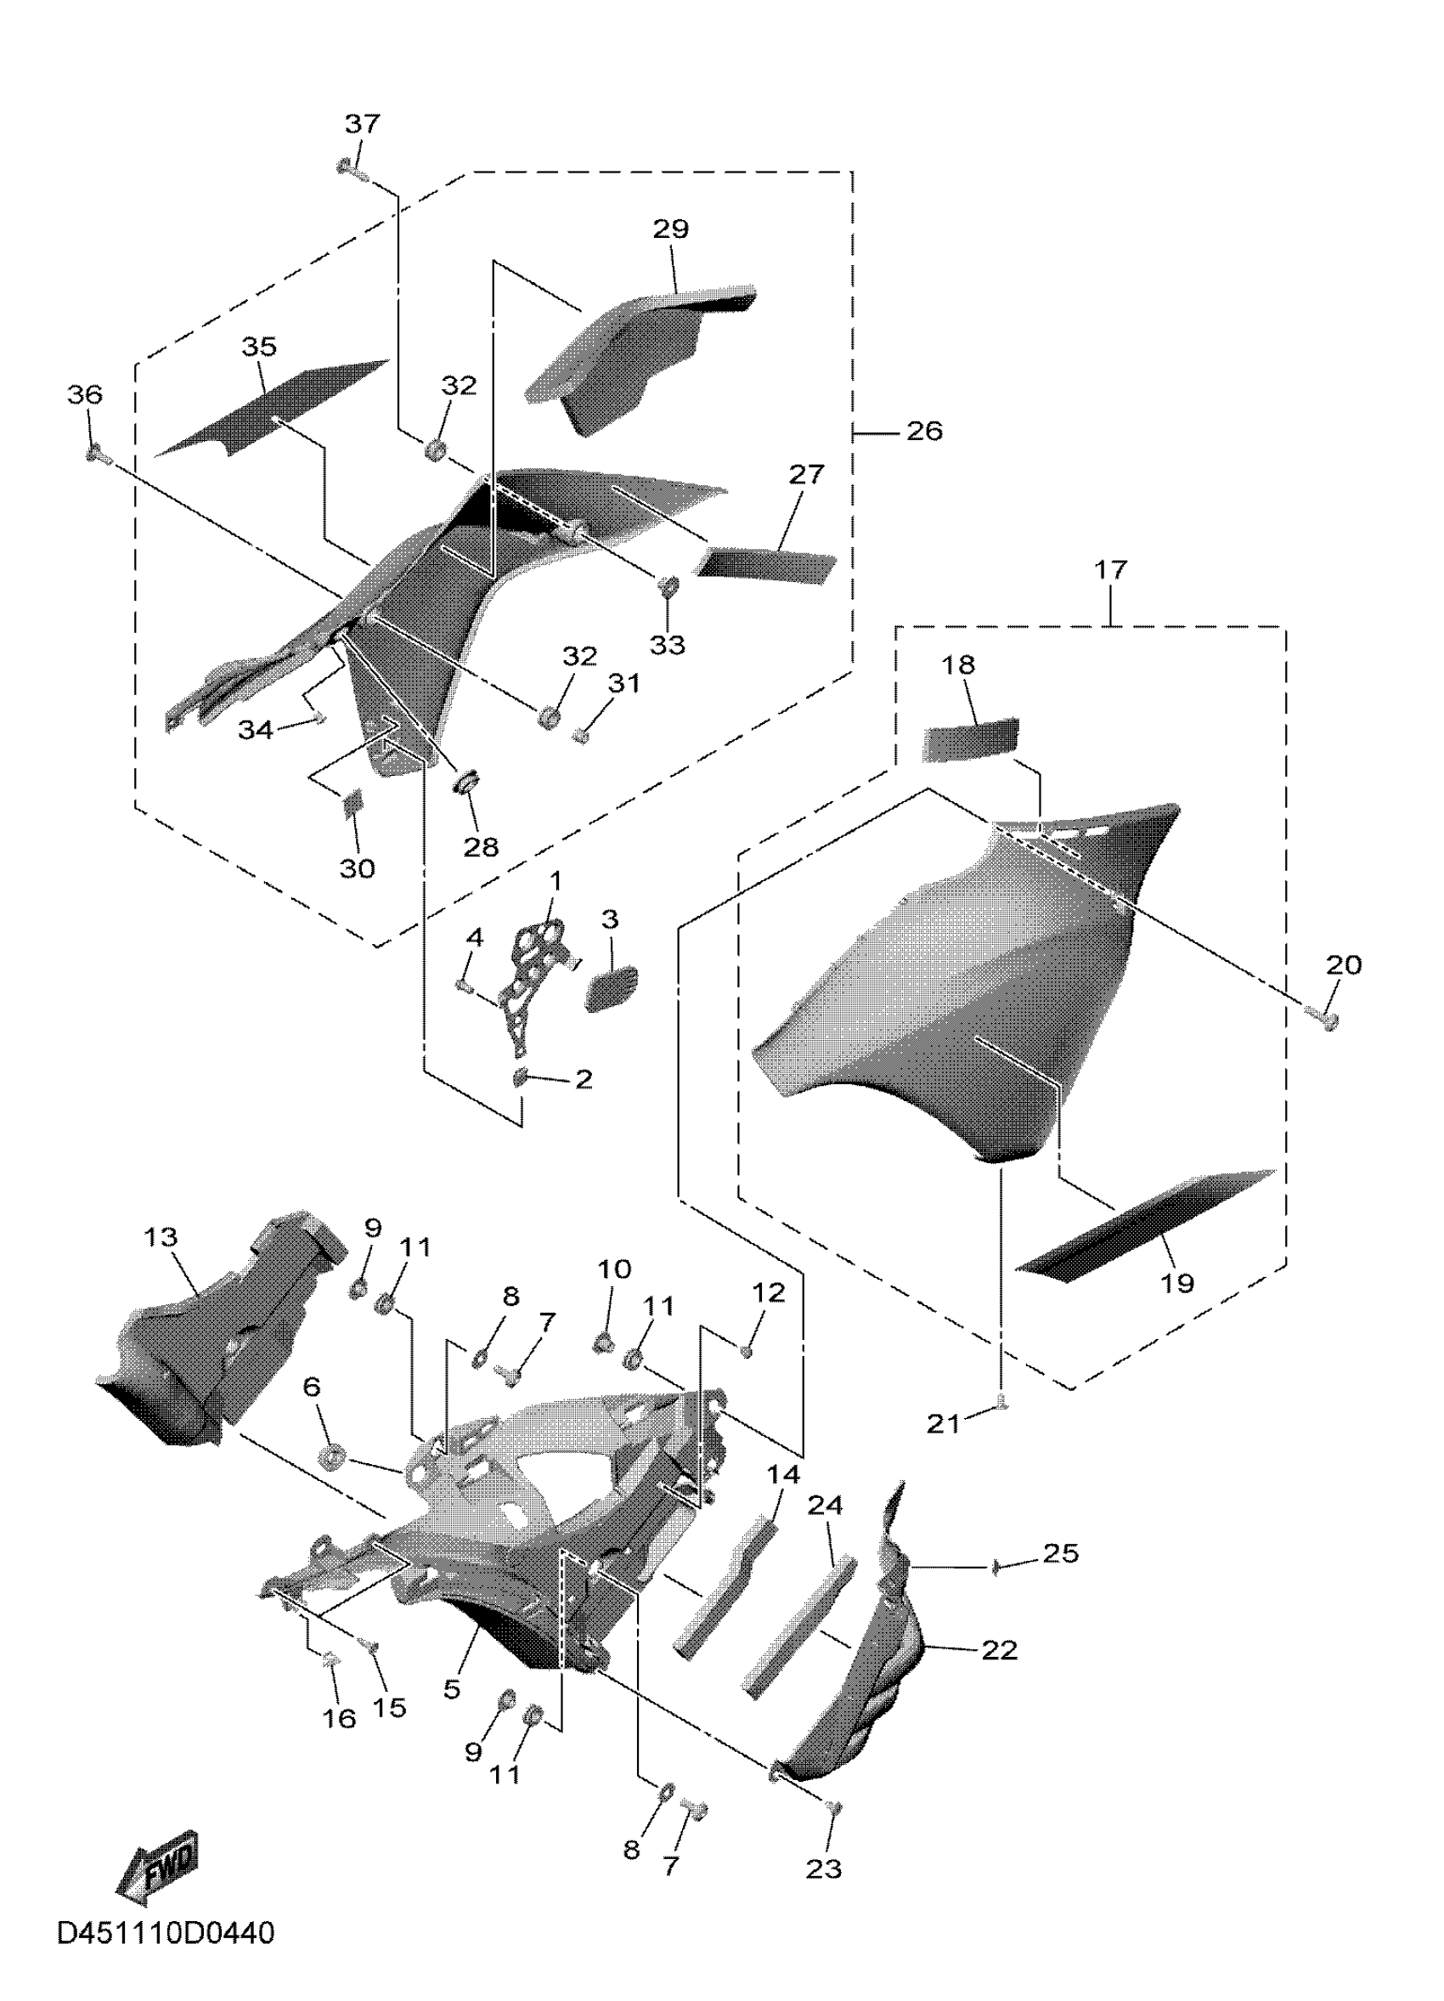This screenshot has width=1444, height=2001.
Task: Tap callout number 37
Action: coord(362,123)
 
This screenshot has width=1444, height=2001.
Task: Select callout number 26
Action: coord(924,432)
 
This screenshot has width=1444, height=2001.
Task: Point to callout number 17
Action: coord(1110,570)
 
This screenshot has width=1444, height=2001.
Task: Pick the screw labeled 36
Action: coord(94,454)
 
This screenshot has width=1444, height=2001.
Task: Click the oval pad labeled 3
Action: coord(611,987)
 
